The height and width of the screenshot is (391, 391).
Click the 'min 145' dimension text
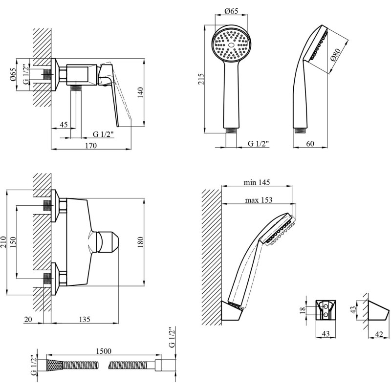coord(257,182)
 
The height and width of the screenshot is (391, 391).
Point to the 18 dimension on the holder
coord(303,310)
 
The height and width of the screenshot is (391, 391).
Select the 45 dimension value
coord(64,125)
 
